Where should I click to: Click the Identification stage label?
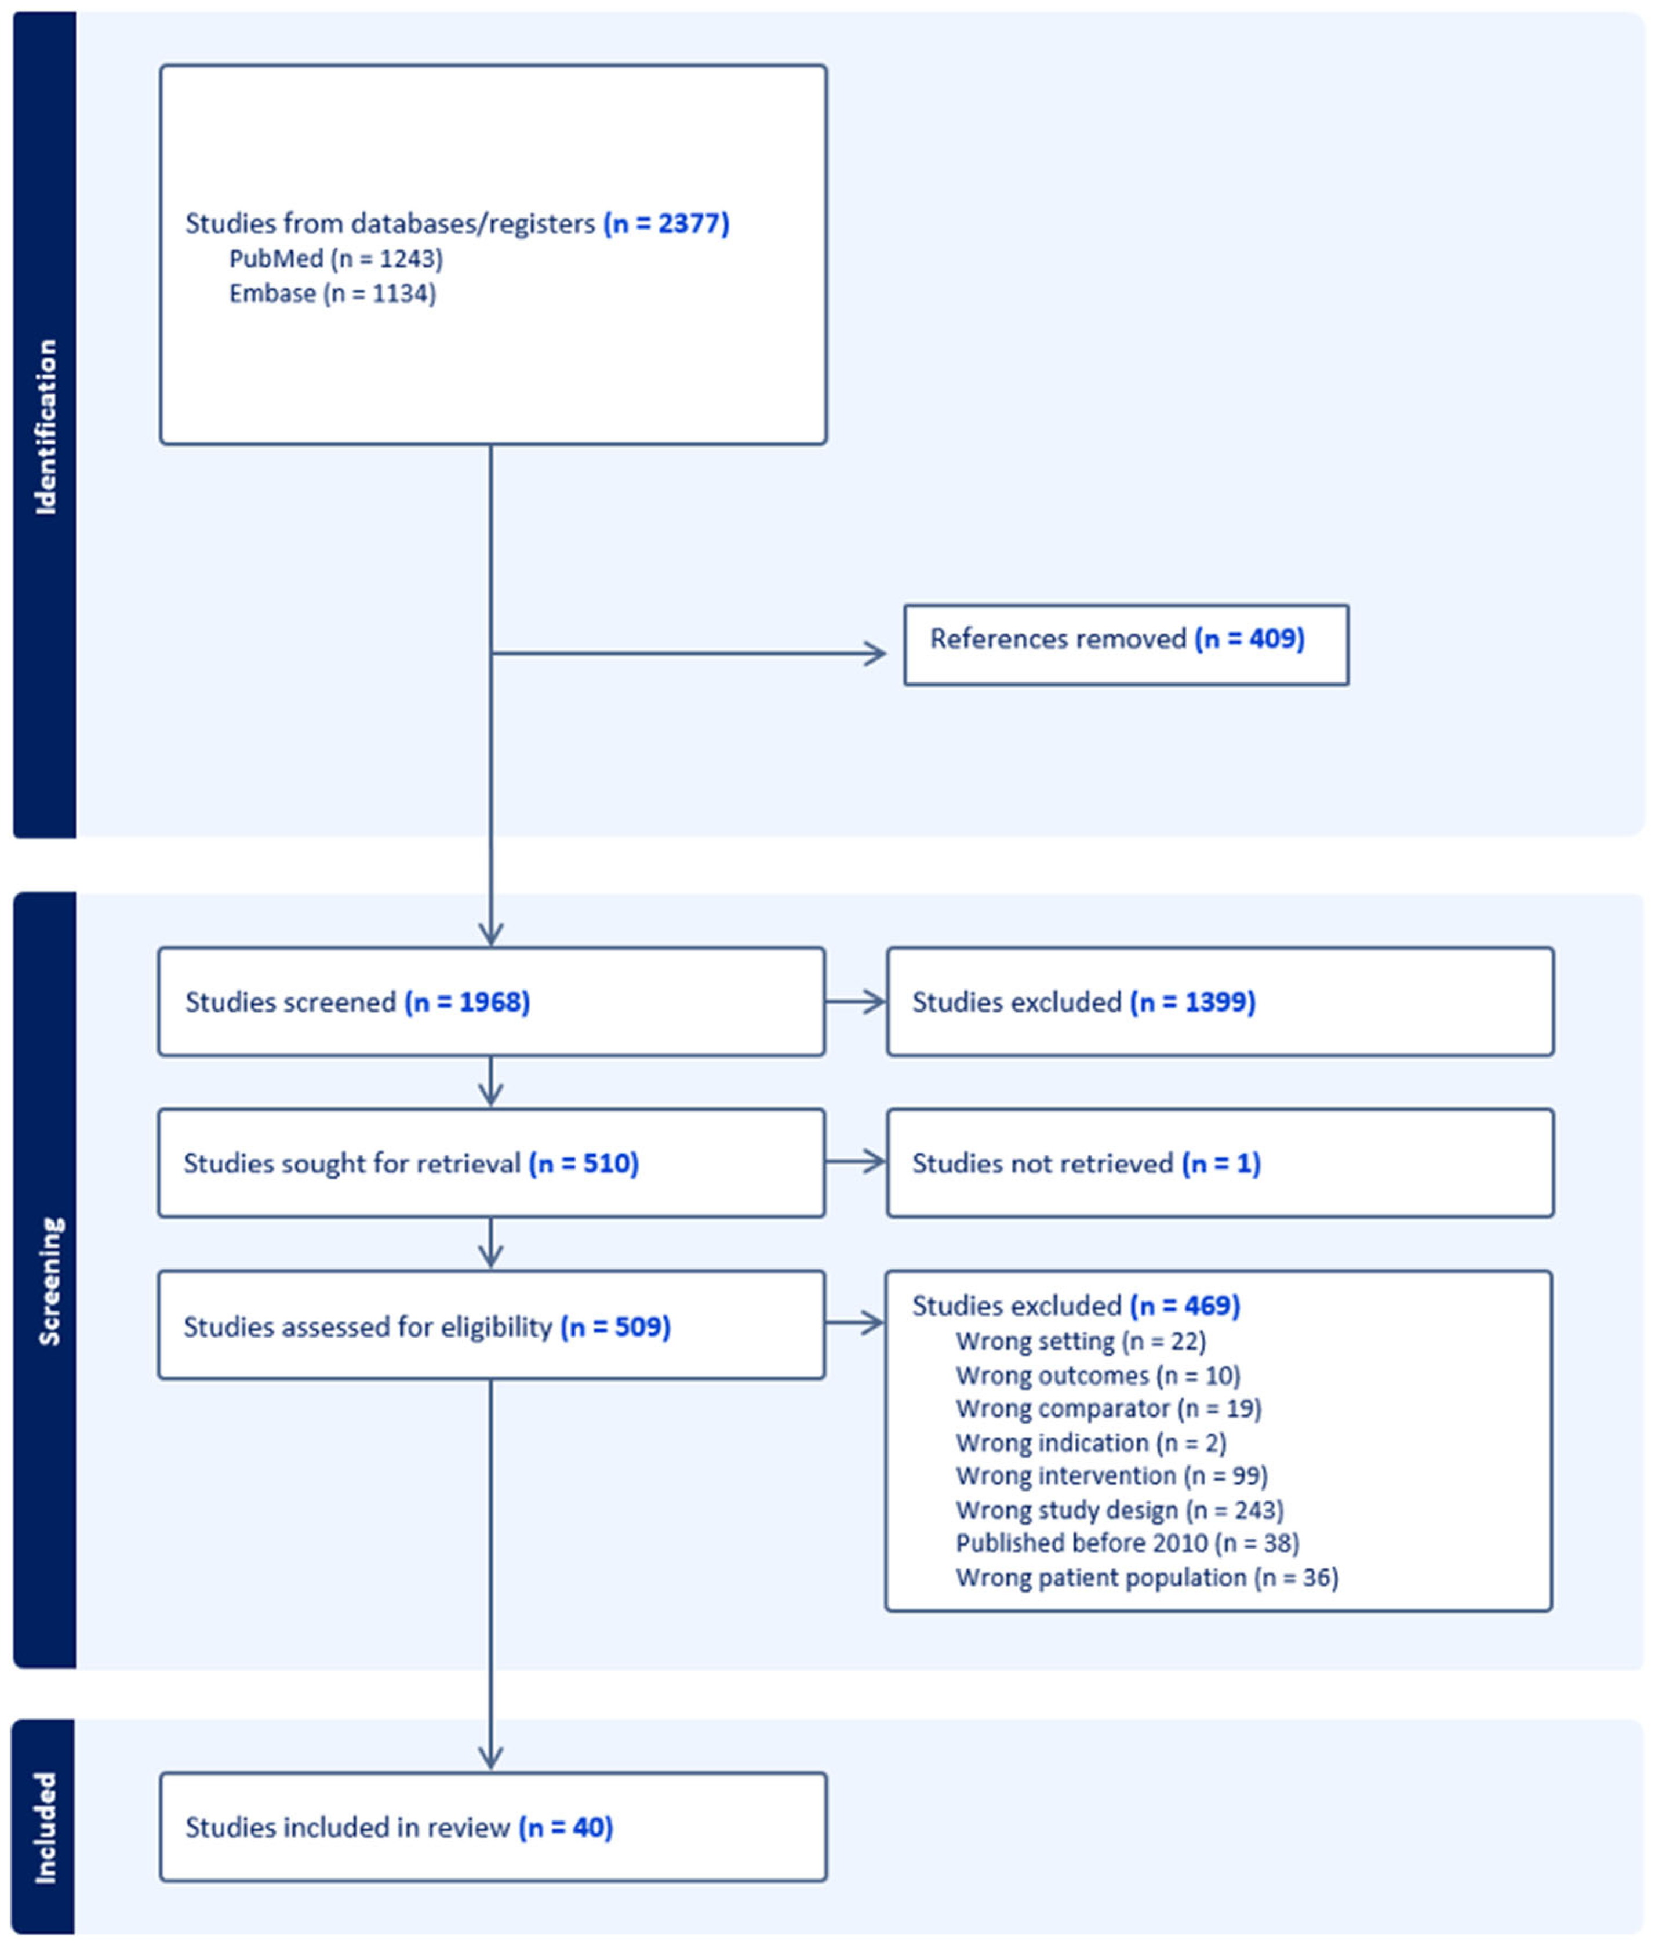(45, 427)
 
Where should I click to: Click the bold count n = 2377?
(666, 223)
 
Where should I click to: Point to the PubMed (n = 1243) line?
(336, 259)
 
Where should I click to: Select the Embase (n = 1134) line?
(332, 294)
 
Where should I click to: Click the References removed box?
(1126, 645)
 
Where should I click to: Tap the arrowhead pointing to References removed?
(874, 654)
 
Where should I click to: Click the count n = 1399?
(1192, 1002)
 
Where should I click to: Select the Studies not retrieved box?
(1220, 1164)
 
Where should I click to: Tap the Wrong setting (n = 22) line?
(1081, 1342)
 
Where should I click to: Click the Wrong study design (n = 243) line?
(1119, 1510)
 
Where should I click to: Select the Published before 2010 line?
(1127, 1543)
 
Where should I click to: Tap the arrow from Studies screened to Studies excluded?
(856, 1002)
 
